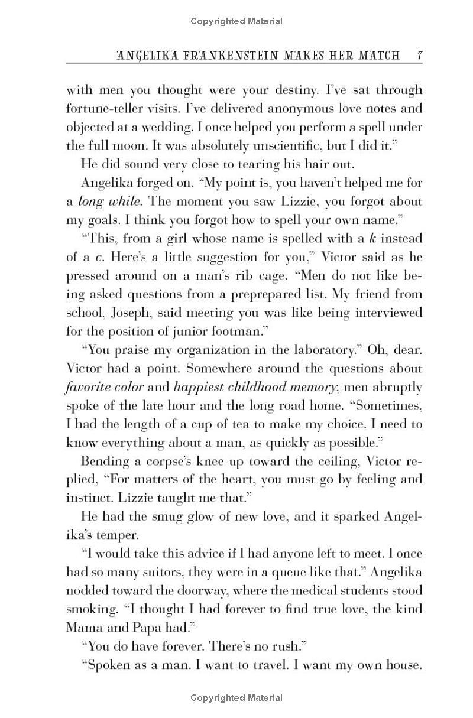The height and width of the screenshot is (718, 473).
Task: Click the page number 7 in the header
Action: coord(419,55)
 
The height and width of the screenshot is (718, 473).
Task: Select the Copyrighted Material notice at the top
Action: coord(237,21)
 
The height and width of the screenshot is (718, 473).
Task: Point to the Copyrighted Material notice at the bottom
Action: coord(237,698)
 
